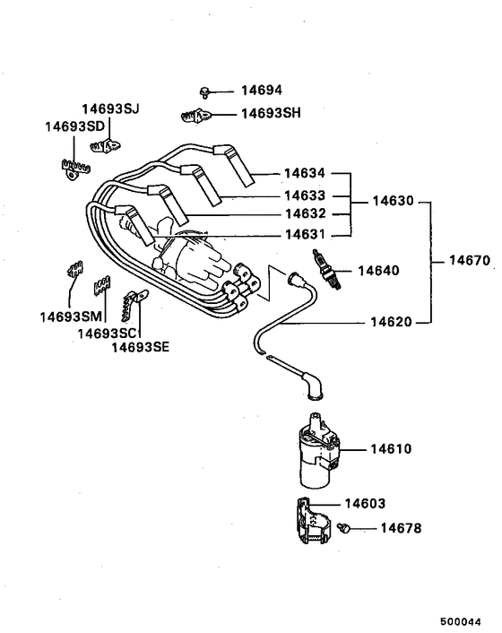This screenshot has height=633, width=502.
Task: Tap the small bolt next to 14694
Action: [x=205, y=91]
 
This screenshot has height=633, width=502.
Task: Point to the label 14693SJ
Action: [x=111, y=109]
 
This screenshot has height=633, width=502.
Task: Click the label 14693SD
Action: [x=74, y=126]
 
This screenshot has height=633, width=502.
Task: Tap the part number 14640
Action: [x=379, y=270]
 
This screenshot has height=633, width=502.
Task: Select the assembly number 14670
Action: [x=468, y=262]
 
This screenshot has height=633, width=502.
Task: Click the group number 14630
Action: [x=394, y=203]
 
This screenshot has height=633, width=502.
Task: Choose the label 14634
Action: [x=305, y=173]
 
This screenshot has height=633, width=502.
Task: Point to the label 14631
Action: [x=305, y=235]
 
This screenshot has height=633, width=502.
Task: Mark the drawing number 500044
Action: [x=466, y=620]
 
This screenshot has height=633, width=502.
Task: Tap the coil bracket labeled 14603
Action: [x=307, y=519]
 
